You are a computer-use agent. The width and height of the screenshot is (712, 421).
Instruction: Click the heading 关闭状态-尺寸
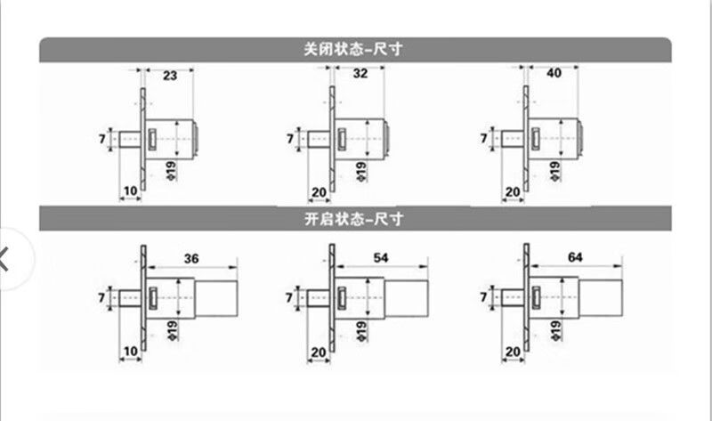click(x=354, y=50)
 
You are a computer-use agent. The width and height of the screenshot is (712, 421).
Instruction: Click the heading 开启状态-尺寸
click(x=354, y=216)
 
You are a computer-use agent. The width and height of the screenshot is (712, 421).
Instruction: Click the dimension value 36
click(x=190, y=259)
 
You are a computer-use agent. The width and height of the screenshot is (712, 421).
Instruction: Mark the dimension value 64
click(x=575, y=258)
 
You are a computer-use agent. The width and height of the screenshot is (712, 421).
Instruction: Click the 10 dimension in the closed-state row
click(x=130, y=190)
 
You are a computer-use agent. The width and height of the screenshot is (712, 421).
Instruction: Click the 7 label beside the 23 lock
click(x=103, y=139)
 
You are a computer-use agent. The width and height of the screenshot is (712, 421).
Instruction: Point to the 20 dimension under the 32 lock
click(x=319, y=191)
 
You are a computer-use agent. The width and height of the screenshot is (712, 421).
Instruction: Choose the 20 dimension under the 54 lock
click(x=319, y=354)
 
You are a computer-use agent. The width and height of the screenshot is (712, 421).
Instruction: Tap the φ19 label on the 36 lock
click(x=170, y=331)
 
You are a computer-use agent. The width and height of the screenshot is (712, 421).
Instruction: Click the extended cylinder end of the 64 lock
click(x=599, y=296)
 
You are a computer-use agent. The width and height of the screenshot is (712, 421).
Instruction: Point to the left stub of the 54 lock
click(x=316, y=296)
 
